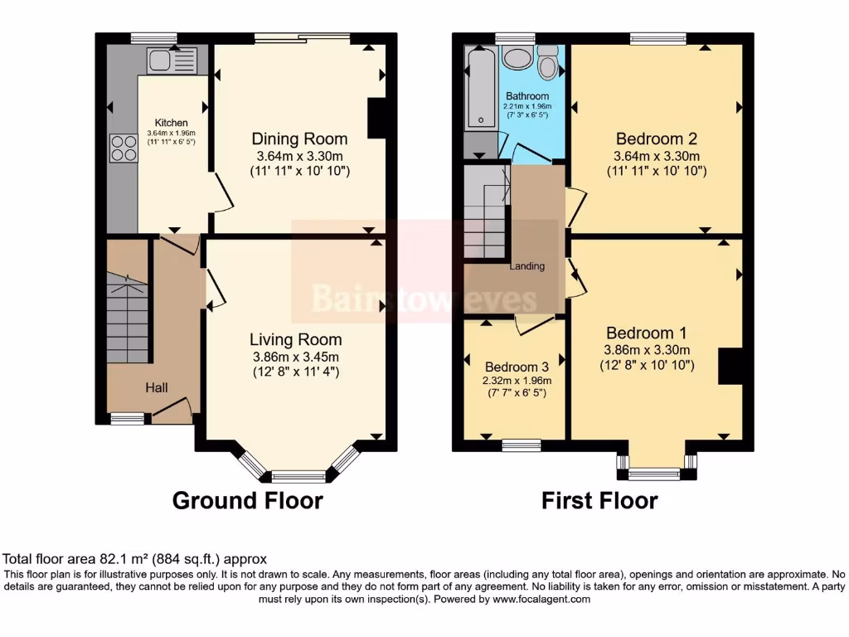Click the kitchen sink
pyautogui.click(x=172, y=60)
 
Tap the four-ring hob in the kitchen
pyautogui.click(x=124, y=148)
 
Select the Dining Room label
pyautogui.click(x=299, y=139)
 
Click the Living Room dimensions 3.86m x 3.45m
pyautogui.click(x=296, y=357)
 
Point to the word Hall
pyautogui.click(x=157, y=387)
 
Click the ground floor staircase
pyautogui.click(x=127, y=318)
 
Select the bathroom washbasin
pyautogui.click(x=518, y=59)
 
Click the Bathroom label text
pyautogui.click(x=527, y=96)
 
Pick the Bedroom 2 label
pyautogui.click(x=657, y=139)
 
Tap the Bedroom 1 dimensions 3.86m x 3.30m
pyautogui.click(x=647, y=350)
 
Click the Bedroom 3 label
pyautogui.click(x=517, y=367)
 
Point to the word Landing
pyautogui.click(x=526, y=266)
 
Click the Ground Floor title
pyautogui.click(x=247, y=500)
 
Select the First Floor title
pyautogui.click(x=599, y=500)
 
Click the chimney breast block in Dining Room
pyautogui.click(x=377, y=118)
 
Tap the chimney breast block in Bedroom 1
pyautogui.click(x=730, y=367)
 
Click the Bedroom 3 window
pyautogui.click(x=521, y=445)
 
